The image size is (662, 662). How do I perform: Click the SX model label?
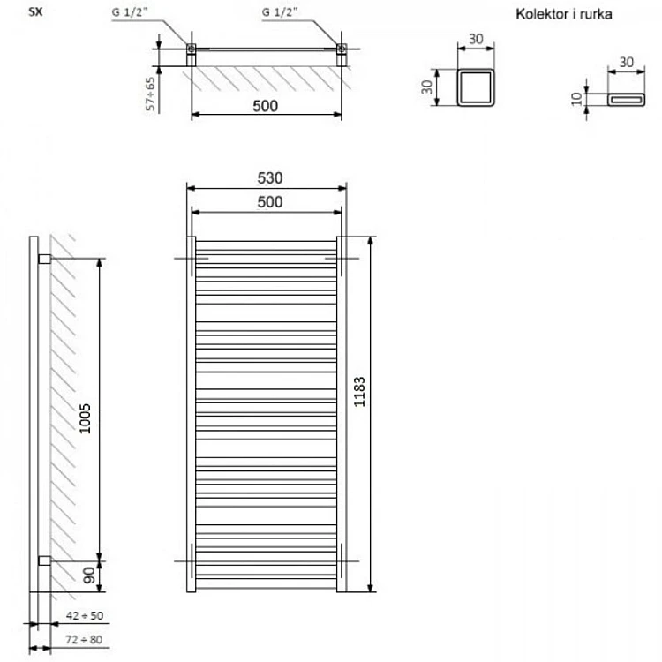tap(35, 11)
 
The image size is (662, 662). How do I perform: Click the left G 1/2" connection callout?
tap(130, 12)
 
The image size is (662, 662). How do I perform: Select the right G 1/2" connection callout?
tap(280, 12)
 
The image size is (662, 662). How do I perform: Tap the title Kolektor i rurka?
tap(564, 14)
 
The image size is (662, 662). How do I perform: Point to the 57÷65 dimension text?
tap(150, 94)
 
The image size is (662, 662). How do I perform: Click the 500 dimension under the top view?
tap(265, 106)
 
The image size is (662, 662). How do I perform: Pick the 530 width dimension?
tap(270, 177)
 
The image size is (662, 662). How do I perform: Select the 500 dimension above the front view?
tap(270, 202)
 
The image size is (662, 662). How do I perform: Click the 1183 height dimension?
tap(359, 392)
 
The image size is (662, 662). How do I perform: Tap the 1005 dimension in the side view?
tap(86, 418)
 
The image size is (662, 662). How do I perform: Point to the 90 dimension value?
tap(89, 575)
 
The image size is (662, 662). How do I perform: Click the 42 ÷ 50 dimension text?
tap(85, 615)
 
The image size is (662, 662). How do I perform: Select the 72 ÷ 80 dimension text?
tap(84, 640)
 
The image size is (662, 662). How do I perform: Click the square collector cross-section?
tap(476, 87)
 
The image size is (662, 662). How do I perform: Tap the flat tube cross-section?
tap(626, 100)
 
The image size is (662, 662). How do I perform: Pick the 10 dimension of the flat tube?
tap(576, 99)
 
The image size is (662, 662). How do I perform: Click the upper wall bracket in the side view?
tap(44, 259)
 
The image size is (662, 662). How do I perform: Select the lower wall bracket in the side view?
tap(44, 560)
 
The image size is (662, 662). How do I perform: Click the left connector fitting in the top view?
tap(192, 55)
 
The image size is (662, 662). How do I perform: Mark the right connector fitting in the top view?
tap(342, 55)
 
